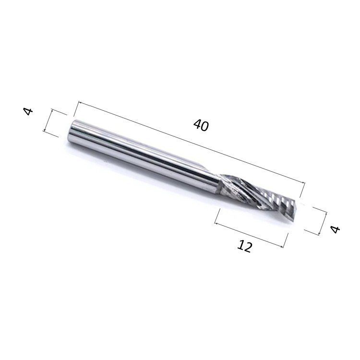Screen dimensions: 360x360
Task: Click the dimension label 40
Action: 201,126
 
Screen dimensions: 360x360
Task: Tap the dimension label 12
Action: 244,246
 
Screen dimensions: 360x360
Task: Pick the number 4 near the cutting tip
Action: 335,229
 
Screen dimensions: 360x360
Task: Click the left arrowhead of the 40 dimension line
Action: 80,102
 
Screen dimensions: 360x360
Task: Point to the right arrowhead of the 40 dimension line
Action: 303,182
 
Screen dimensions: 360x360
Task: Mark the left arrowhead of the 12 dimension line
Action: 216,223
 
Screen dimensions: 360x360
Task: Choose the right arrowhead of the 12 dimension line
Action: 281,246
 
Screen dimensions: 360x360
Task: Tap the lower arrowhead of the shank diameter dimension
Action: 45,130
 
